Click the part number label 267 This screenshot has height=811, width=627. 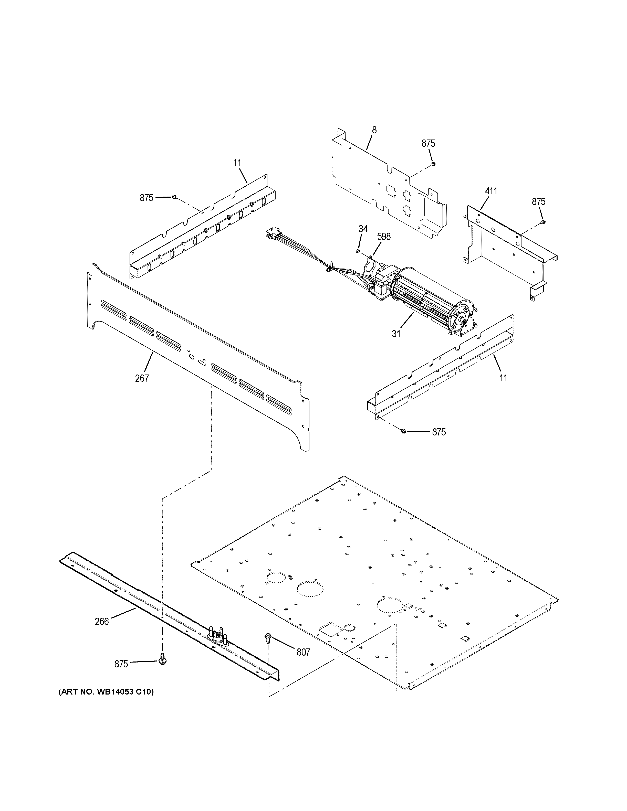point(142,378)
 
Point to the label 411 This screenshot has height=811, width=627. point(491,191)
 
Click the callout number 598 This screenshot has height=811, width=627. point(384,237)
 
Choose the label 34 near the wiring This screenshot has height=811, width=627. point(363,229)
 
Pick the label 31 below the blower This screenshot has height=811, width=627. point(396,334)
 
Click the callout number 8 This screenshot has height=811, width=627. point(374,130)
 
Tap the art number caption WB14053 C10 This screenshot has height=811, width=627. point(106,692)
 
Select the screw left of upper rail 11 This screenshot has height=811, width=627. point(174,197)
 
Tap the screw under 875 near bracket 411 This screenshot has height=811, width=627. point(543,222)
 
